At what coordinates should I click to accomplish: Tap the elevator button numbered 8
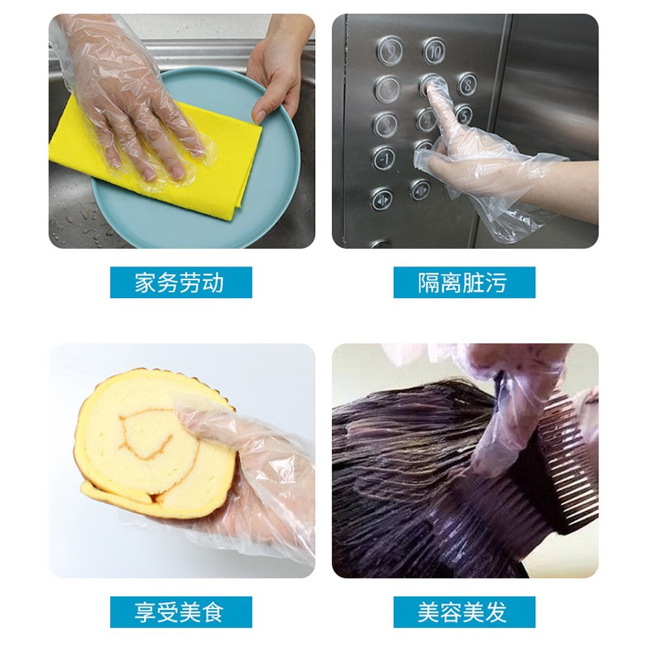(x=467, y=83)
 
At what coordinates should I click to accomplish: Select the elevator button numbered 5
(x=463, y=114)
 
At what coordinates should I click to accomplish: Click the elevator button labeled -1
(x=384, y=157)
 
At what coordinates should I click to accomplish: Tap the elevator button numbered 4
(x=426, y=120)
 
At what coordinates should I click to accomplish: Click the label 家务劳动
(x=181, y=283)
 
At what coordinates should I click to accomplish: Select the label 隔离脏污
(x=464, y=283)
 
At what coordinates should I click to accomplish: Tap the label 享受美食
(x=181, y=612)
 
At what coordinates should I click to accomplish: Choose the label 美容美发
(x=464, y=612)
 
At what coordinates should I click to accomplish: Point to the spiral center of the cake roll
(x=150, y=437)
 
